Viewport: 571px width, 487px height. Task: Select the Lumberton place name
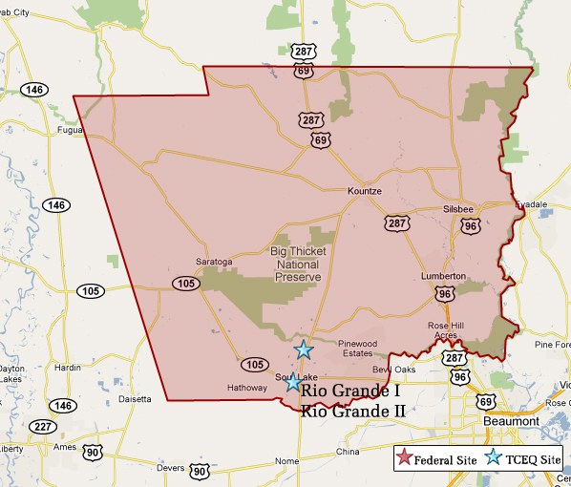point(442,276)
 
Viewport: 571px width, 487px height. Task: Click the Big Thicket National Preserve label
point(296,264)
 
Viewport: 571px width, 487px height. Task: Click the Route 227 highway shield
point(42,427)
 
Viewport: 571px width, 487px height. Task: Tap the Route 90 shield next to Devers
point(198,471)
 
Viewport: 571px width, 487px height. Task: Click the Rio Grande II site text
point(352,413)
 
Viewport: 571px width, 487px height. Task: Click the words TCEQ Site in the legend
point(537,459)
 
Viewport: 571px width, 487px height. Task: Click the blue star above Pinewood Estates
point(304,349)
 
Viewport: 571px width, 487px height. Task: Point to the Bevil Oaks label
point(394,369)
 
